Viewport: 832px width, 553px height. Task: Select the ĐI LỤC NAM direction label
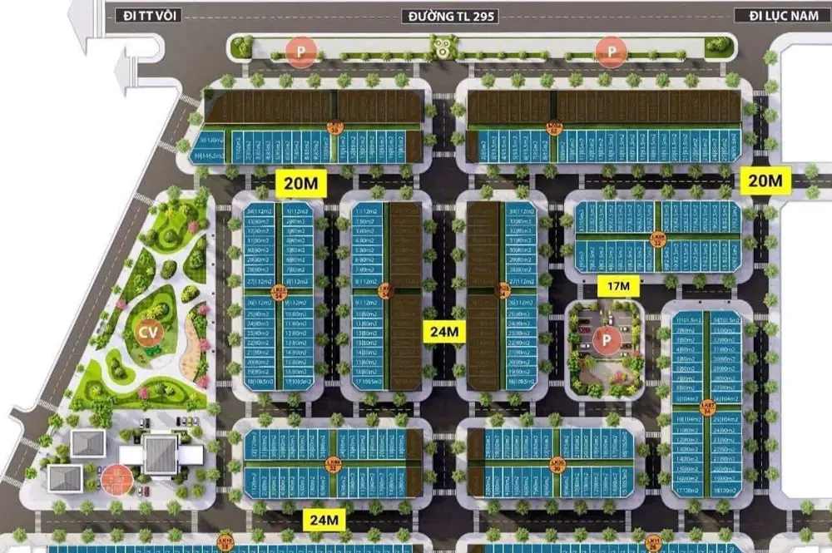(x=774, y=16)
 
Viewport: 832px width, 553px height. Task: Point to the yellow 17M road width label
(x=618, y=287)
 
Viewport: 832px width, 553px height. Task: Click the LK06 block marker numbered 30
(x=557, y=464)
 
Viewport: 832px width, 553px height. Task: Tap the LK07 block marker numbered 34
(x=708, y=407)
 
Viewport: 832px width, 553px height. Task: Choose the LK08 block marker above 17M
(x=658, y=239)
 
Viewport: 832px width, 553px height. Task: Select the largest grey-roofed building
(x=160, y=453)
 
